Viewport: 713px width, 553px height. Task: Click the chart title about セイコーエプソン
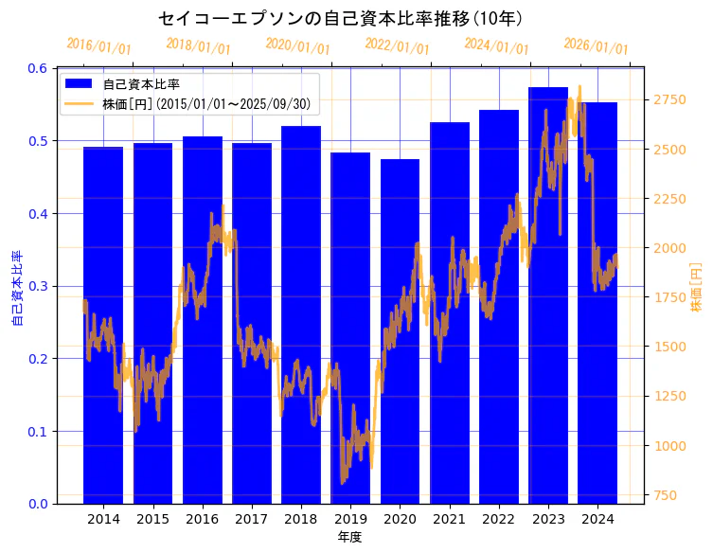(340, 18)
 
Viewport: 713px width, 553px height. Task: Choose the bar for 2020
(400, 331)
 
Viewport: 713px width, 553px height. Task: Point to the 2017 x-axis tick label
(252, 519)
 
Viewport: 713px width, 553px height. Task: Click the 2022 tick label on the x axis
(499, 519)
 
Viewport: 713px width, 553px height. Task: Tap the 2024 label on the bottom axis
(597, 519)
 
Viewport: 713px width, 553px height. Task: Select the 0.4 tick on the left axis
(38, 214)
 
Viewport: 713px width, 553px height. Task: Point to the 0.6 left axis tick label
(38, 68)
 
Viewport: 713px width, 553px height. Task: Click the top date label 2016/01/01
(99, 46)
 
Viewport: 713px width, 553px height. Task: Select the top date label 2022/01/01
(397, 46)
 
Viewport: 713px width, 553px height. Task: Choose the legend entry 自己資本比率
(142, 84)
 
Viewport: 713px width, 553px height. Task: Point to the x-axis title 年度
(349, 537)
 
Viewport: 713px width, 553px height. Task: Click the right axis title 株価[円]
(695, 288)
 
